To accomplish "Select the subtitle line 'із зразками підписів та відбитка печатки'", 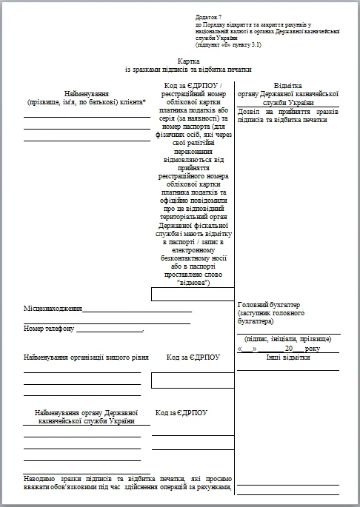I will coord(189,69).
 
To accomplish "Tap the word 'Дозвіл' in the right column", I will coord(252,111).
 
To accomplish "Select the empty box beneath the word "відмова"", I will coord(193,294).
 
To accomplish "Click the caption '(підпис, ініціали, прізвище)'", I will coord(288,339).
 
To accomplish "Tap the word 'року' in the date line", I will coord(313,348).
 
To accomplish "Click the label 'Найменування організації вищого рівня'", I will coord(81,357).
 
